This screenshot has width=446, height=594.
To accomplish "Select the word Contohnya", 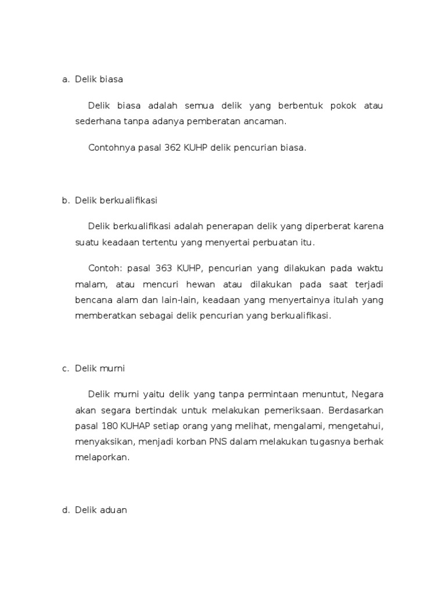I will point(111,148).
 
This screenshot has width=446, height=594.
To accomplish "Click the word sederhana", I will point(96,122).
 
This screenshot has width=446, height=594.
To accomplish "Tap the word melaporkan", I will point(102,457).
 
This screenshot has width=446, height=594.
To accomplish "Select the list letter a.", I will point(65,79).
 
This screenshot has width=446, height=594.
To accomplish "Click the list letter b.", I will point(65,201).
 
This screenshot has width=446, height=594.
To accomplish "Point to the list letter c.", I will point(65,368).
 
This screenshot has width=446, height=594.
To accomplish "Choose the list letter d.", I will point(65,510).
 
